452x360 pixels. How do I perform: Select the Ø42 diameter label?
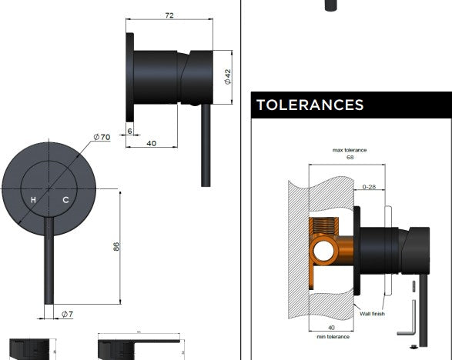tap(227, 77)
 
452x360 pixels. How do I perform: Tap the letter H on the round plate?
tap(33, 200)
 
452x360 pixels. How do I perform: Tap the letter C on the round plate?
tap(65, 200)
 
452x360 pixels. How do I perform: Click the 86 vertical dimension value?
tap(116, 246)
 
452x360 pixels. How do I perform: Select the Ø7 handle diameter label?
tap(67, 314)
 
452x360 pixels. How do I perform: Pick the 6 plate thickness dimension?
tap(130, 131)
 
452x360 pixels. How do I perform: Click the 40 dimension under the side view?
tap(152, 143)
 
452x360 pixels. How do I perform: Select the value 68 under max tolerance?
tap(350, 157)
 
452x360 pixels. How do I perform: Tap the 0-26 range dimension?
tap(370, 186)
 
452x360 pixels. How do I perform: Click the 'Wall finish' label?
tap(373, 314)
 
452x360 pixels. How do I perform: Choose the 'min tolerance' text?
tap(331, 336)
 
